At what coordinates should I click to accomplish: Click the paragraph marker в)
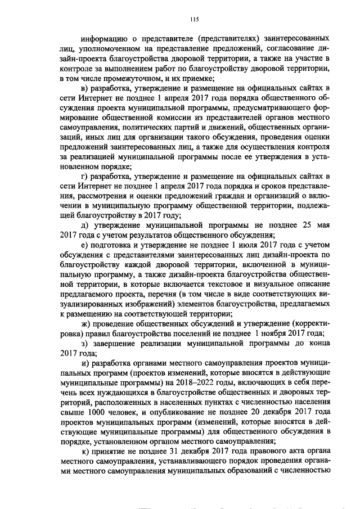click(x=84, y=88)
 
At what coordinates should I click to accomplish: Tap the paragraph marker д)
click(x=84, y=225)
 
